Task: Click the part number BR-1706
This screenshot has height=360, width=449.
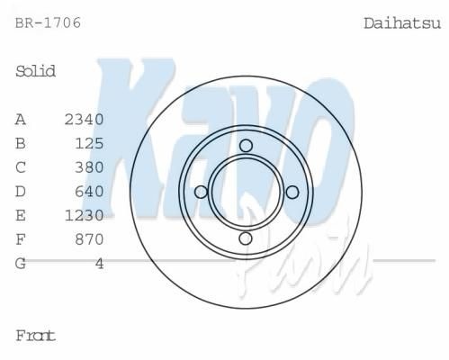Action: click(x=48, y=23)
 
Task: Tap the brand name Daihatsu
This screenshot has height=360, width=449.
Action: click(x=402, y=23)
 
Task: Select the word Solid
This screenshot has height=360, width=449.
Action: click(x=35, y=71)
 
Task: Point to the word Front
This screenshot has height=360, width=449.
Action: click(x=35, y=336)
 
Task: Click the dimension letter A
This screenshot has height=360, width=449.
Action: click(x=21, y=120)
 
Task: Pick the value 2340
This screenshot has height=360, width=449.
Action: click(x=84, y=120)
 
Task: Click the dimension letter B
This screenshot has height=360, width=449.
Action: click(x=21, y=143)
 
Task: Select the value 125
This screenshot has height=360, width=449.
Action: click(x=89, y=143)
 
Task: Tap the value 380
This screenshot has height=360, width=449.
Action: click(x=89, y=167)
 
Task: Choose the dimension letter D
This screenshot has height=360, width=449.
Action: click(x=21, y=192)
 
